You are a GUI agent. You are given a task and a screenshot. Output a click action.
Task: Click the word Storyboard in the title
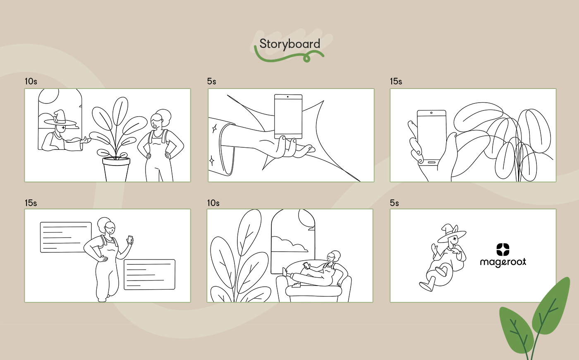(290, 44)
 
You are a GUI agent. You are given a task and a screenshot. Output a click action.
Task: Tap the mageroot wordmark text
(503, 262)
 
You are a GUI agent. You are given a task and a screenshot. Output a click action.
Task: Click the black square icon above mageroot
(503, 249)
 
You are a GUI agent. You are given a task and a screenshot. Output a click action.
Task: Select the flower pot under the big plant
(116, 169)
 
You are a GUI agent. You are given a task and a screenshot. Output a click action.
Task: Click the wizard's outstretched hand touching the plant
(86, 140)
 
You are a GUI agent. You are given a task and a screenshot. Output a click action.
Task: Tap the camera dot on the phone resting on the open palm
(288, 97)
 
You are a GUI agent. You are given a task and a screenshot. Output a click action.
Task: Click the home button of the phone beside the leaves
(432, 162)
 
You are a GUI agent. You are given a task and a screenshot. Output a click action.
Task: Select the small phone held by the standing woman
(130, 240)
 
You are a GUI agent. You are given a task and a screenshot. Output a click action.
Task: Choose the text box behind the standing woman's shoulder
(66, 237)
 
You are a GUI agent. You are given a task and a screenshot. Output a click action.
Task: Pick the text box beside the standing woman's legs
(149, 274)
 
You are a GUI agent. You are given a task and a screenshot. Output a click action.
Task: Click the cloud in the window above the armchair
(290, 244)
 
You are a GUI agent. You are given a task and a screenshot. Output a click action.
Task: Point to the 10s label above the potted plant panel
(31, 82)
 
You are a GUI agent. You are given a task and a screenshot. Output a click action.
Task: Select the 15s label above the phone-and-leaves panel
(396, 82)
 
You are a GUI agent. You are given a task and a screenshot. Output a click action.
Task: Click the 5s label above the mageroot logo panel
(394, 203)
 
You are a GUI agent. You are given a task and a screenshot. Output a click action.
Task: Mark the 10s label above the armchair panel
(213, 203)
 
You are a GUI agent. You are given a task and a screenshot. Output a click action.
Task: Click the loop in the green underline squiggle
(306, 58)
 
